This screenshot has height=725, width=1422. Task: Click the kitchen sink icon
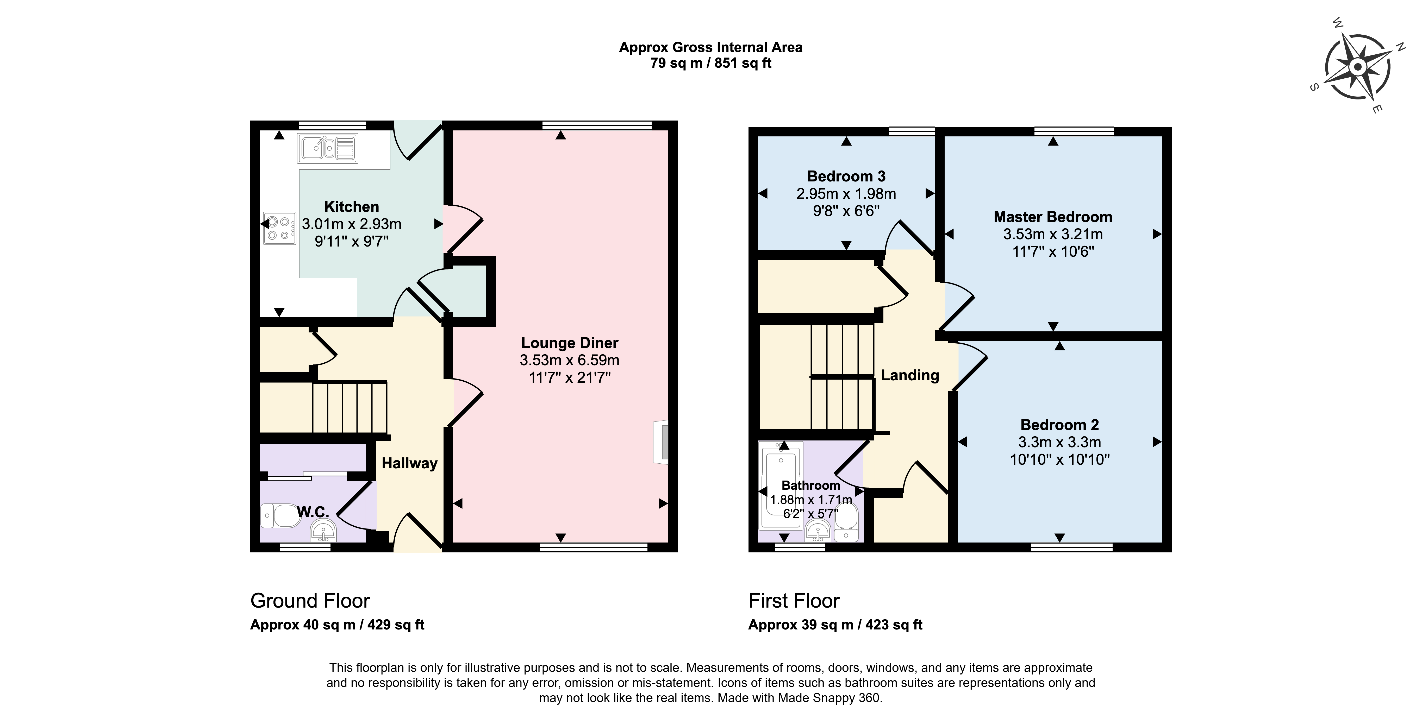click(327, 148)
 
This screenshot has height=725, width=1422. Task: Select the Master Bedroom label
click(1053, 217)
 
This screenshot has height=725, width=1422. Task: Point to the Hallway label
click(410, 463)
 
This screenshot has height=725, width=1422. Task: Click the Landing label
click(910, 375)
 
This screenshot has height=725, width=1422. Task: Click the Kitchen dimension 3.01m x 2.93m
click(352, 224)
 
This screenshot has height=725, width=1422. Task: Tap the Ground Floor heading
click(310, 600)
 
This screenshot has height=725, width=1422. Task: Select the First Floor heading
click(794, 600)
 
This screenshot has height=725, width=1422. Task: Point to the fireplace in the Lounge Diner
click(661, 442)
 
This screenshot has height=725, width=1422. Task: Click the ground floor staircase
click(350, 407)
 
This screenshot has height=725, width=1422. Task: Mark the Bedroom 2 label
click(1059, 425)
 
